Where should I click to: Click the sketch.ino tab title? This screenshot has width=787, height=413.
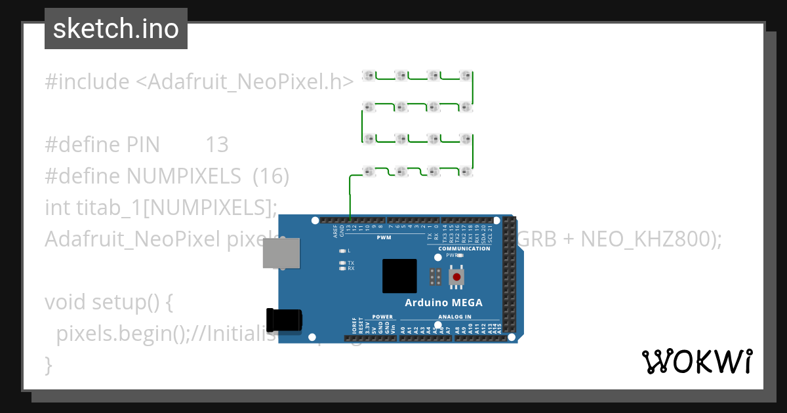pos(116,29)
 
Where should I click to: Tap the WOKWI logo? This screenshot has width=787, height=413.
pos(696,361)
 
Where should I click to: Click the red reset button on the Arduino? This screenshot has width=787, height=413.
pos(456,277)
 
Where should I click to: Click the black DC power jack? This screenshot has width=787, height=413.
pos(284,320)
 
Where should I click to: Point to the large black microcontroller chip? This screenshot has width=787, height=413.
pos(399,276)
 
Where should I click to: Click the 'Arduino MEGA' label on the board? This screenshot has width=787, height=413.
pos(443,303)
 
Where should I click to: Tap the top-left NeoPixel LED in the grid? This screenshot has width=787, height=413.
pos(369,76)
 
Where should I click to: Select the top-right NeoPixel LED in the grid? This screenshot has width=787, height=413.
pos(465,76)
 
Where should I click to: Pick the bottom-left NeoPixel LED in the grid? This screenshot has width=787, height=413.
pos(369,171)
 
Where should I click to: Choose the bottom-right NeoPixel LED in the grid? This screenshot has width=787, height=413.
pos(465,171)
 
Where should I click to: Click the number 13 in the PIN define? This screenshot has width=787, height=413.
pos(217,145)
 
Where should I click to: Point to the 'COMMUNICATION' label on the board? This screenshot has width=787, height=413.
pos(464,249)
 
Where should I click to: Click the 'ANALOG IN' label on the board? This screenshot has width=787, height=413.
pos(449,317)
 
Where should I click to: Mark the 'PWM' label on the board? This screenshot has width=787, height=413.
pos(384,237)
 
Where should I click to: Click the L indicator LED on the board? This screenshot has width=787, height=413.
pos(342,251)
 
